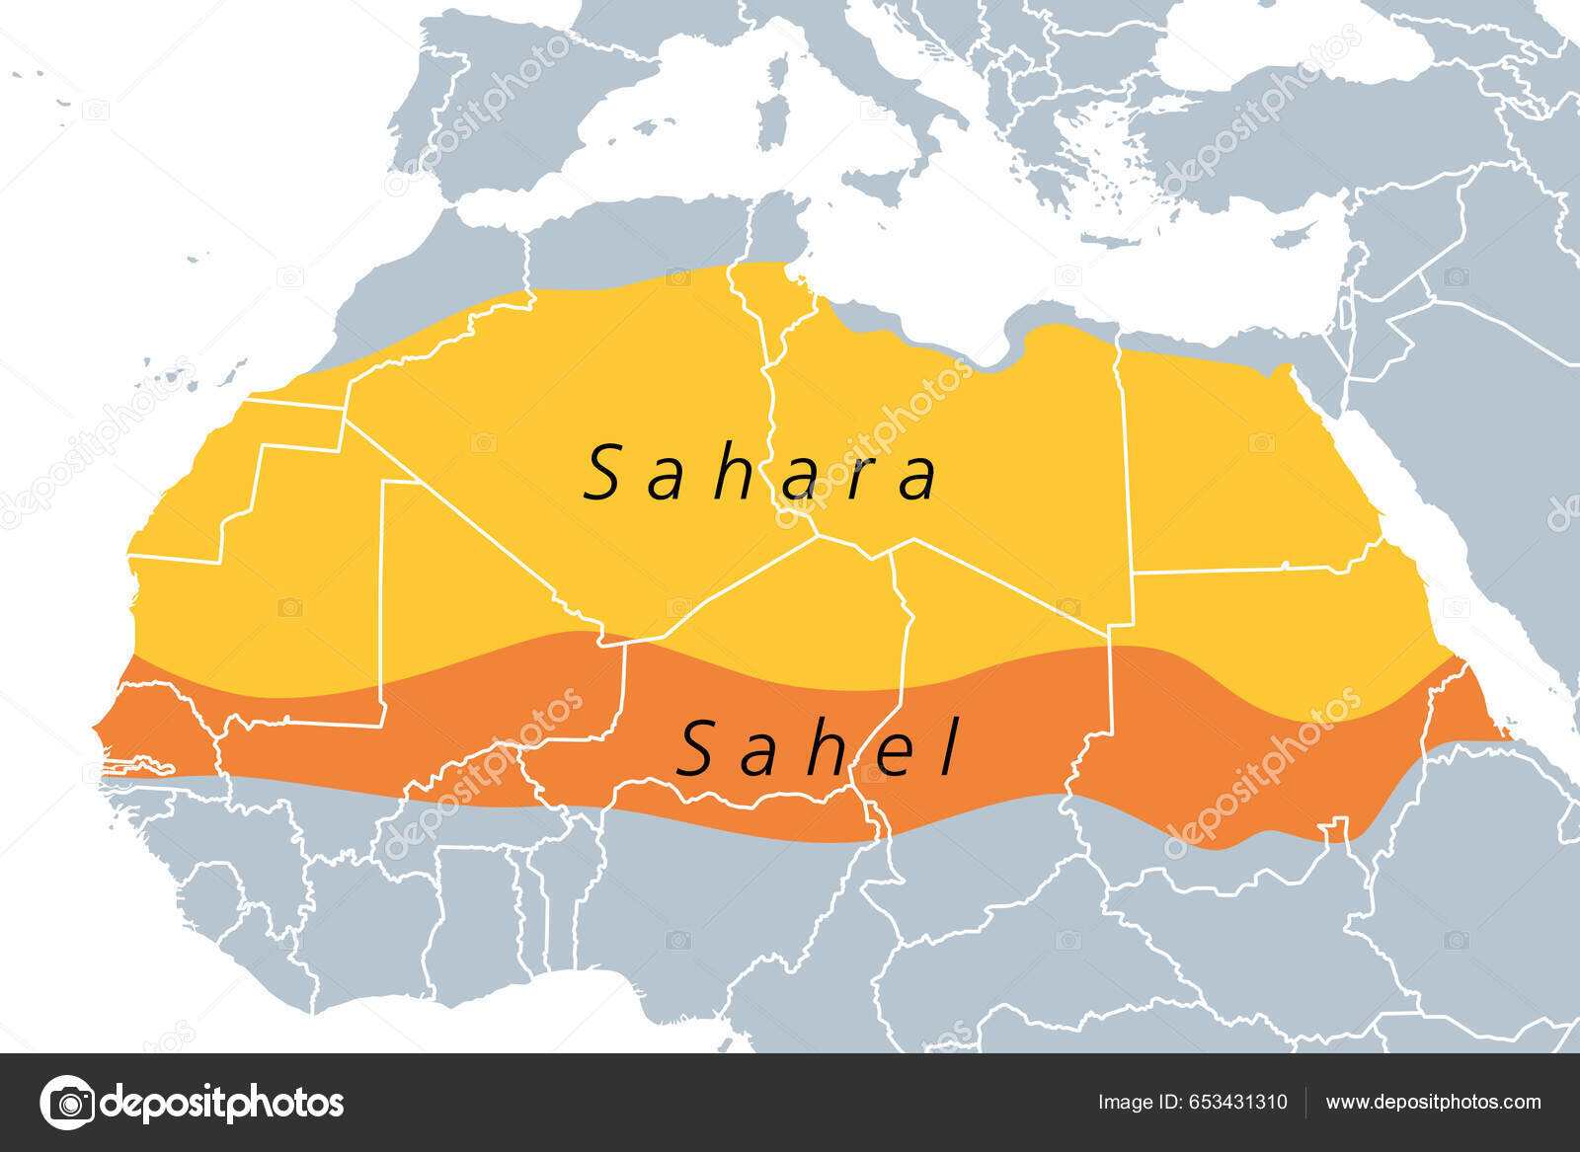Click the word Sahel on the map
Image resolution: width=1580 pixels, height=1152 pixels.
pos(818,749)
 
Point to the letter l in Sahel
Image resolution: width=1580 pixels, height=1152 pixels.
pos(949,747)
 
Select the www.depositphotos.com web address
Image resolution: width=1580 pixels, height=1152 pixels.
pos(1433,1103)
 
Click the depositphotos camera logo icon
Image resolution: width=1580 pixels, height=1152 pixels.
pos(68,1103)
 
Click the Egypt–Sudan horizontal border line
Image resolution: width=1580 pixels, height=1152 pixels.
pos(1234,570)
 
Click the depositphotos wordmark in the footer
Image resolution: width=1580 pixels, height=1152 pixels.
pos(221,1103)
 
